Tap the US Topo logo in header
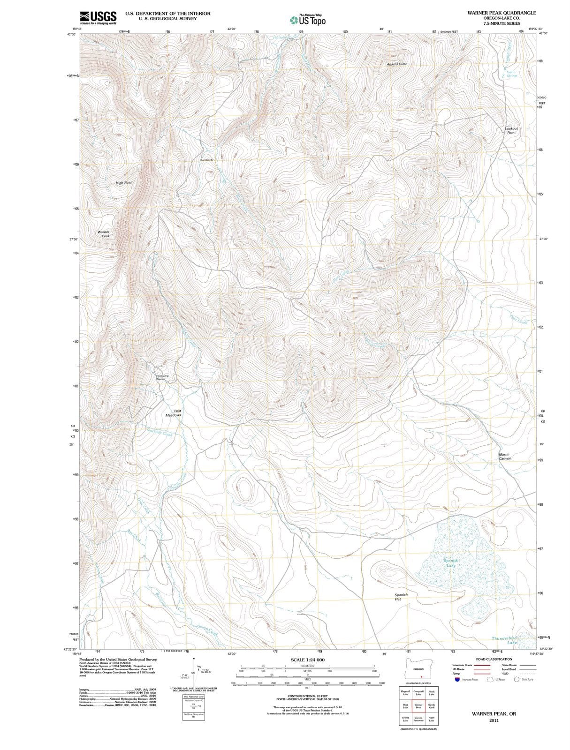[x=308, y=20]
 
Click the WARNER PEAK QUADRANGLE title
[x=501, y=13]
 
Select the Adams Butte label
[x=397, y=64]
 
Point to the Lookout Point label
[x=511, y=130]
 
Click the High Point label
[x=124, y=182]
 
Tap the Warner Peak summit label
[x=104, y=234]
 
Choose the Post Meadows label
[x=174, y=413]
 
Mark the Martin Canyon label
[x=505, y=456]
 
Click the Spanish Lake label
[x=450, y=563]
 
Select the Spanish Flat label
[x=401, y=597]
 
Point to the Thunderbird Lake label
[x=505, y=640]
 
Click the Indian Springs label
[x=511, y=74]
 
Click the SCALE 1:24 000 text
[x=307, y=660]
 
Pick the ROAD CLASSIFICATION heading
[x=494, y=659]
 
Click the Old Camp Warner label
[x=162, y=377]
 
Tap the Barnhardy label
[x=207, y=160]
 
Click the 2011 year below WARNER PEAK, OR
[x=494, y=720]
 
